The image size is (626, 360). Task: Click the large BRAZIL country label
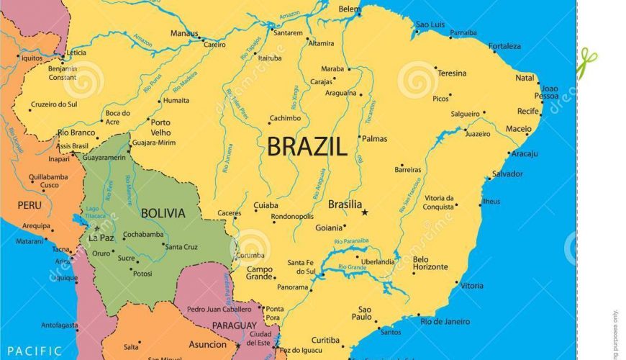pyautogui.click(x=307, y=147)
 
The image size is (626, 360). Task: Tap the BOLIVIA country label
pyautogui.click(x=163, y=213)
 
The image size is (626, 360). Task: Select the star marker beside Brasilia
pyautogui.click(x=365, y=212)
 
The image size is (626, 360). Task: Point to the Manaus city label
pyautogui.click(x=184, y=33)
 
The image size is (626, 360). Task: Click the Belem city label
pyautogui.click(x=350, y=9)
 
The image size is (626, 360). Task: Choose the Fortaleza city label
pyautogui.click(x=504, y=46)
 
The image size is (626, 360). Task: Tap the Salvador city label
pyautogui.click(x=508, y=174)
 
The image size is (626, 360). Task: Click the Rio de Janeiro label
pyautogui.click(x=445, y=321)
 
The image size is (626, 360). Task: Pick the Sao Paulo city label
pyautogui.click(x=362, y=312)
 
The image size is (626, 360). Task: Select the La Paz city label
pyautogui.click(x=101, y=238)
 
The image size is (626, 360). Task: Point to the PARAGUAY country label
pyautogui.click(x=235, y=326)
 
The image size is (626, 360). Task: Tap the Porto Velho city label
pyautogui.click(x=160, y=127)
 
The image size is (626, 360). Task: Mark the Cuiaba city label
pyautogui.click(x=266, y=206)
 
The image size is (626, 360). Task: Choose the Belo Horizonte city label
pyautogui.click(x=430, y=264)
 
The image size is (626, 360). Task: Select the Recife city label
pyautogui.click(x=527, y=112)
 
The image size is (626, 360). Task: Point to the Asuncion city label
pyautogui.click(x=208, y=345)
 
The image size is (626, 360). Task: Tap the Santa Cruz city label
pyautogui.click(x=182, y=247)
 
